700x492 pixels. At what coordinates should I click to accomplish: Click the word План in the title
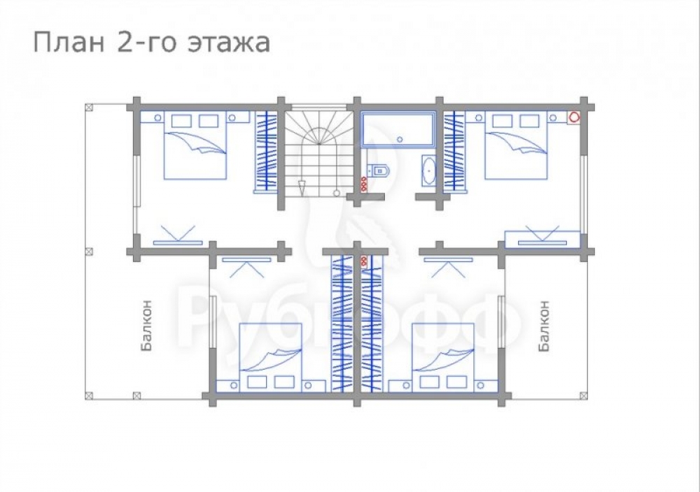[69, 43]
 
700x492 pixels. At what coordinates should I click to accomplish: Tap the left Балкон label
[146, 326]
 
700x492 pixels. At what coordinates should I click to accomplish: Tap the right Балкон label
[543, 326]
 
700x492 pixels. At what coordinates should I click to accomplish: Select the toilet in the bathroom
[379, 170]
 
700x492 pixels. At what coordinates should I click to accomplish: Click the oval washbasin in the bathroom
[430, 170]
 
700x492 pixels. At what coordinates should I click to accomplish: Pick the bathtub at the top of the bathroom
[398, 129]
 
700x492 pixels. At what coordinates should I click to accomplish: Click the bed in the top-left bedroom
[195, 145]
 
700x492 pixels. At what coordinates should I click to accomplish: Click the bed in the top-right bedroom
[516, 145]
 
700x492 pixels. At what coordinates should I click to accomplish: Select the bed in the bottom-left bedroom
[270, 357]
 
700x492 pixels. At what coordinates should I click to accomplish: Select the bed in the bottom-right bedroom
[443, 357]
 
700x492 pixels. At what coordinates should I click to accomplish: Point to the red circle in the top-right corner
[574, 117]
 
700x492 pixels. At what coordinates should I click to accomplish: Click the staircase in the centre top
[316, 152]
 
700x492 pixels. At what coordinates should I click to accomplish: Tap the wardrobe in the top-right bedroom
[454, 152]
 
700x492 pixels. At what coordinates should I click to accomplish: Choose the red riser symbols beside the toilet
[364, 184]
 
